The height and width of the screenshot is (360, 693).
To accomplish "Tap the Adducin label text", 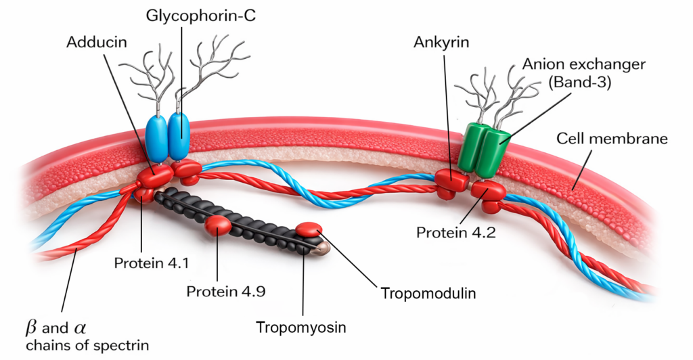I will click(95, 42).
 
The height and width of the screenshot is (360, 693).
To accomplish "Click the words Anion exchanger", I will click(583, 65).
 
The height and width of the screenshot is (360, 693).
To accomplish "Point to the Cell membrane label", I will click(612, 139).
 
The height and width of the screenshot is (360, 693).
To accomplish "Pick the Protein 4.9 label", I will click(225, 292).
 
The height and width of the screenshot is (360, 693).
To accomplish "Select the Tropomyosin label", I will click(301, 328).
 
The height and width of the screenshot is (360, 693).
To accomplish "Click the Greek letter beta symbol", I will click(30, 328).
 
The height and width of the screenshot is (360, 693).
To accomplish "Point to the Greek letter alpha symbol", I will click(80, 329).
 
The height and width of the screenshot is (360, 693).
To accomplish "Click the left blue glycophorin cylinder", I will click(156, 137).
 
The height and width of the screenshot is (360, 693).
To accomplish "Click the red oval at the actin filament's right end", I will click(309, 230).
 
